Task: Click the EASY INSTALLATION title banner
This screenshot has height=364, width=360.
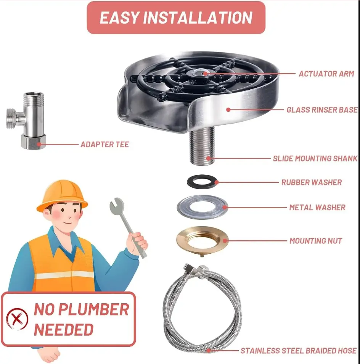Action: pos(176,18)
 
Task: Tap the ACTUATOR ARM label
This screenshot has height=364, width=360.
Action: pos(326,74)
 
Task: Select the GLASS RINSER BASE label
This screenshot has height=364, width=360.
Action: pos(322,110)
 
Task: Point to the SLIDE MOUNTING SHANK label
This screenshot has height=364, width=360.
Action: pos(315,159)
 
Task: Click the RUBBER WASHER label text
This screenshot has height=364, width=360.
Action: pos(312,182)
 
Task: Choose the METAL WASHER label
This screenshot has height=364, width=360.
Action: pos(317,208)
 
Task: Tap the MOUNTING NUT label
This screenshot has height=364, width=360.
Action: pos(316,241)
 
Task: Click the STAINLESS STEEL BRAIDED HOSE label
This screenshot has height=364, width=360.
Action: pos(299,351)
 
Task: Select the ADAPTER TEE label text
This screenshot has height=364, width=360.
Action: pos(104,144)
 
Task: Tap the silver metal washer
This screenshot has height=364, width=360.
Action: pos(202,214)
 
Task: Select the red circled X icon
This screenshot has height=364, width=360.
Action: pos(17,319)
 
